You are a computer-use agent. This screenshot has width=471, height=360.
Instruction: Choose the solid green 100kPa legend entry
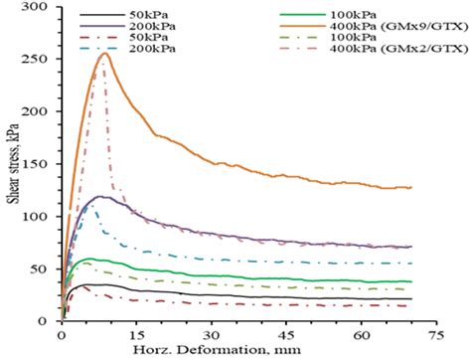(x=358, y=19)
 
